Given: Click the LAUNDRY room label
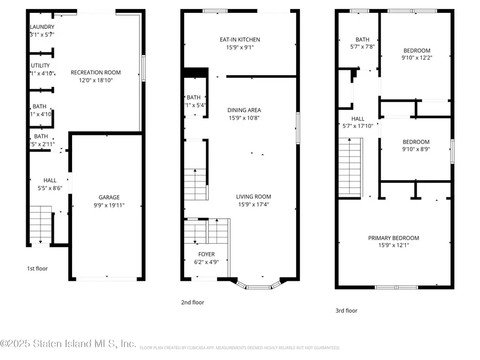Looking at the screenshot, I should [42, 27].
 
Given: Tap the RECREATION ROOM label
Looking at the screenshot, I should [96, 73].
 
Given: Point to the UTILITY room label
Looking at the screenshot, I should [40, 66].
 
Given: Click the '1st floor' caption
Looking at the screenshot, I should [37, 268].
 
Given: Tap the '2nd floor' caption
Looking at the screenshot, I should [193, 302].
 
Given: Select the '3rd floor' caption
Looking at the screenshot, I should [346, 310].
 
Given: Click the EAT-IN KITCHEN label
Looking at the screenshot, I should [240, 39].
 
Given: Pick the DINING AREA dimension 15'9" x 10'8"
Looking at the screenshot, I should [244, 118].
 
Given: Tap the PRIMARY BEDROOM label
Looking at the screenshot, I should [394, 238].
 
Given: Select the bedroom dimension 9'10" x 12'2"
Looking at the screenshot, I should [417, 58].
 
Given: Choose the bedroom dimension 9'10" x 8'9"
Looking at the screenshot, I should [417, 150].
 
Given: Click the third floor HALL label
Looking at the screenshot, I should [358, 119].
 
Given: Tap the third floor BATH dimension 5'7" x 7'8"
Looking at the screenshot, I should [363, 47].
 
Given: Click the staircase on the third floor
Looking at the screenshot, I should [350, 165].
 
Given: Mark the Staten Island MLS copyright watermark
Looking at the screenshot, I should [68, 344].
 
